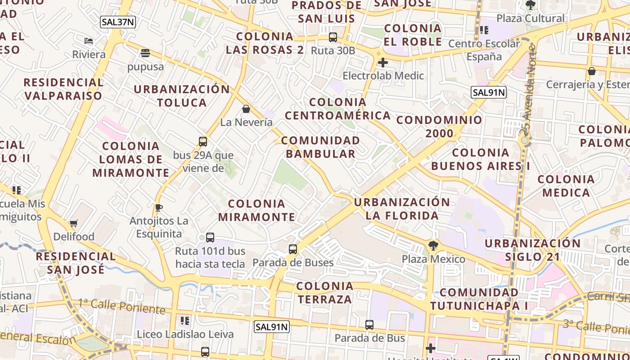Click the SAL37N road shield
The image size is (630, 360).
(118, 22)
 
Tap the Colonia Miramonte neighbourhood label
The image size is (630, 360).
(257, 210)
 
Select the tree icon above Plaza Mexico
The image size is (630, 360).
(433, 246)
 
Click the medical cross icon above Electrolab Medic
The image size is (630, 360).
(383, 63)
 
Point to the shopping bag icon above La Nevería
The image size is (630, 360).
(246, 109)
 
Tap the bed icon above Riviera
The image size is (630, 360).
(89, 41)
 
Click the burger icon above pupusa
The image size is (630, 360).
(145, 53)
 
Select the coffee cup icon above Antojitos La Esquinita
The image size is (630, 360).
(158, 207)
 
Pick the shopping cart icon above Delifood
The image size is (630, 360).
(74, 223)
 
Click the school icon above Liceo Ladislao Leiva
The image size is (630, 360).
(184, 321)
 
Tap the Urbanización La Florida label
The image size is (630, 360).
(402, 209)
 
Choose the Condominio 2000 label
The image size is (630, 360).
(439, 127)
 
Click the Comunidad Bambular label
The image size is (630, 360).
(320, 147)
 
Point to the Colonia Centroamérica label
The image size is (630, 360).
(337, 109)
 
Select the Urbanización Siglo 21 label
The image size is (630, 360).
(532, 250)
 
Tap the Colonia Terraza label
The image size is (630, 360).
(324, 292)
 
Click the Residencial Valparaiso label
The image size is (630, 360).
(63, 89)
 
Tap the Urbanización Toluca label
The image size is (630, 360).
(182, 95)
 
